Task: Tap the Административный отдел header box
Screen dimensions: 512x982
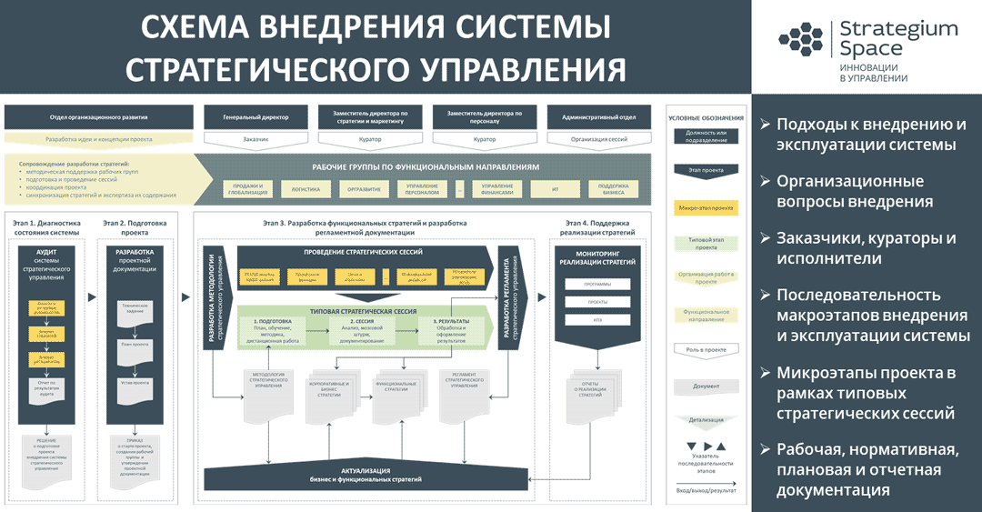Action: tap(598, 116)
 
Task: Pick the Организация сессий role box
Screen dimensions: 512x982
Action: tap(598, 139)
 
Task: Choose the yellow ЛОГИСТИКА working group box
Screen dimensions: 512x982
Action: tap(306, 189)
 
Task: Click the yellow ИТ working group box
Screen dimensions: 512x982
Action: tap(556, 189)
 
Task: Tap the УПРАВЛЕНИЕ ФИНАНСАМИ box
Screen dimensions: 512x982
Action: tap(497, 189)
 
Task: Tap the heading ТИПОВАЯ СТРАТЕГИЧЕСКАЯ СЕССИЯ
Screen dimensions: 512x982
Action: tap(364, 311)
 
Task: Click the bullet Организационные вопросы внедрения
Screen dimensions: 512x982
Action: tap(856, 192)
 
